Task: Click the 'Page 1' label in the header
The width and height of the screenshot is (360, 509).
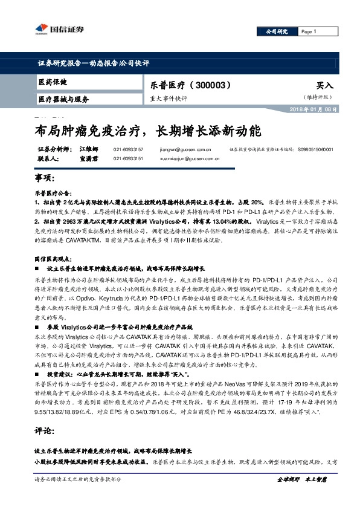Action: pos(309,31)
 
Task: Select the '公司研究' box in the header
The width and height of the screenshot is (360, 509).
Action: pos(277,31)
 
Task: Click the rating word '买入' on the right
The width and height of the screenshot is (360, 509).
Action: pos(324,86)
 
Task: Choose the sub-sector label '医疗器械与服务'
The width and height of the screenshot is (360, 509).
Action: pos(63,99)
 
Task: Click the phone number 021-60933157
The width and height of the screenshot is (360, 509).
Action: pos(128,148)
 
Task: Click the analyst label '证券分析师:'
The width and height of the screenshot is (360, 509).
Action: pos(55,148)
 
